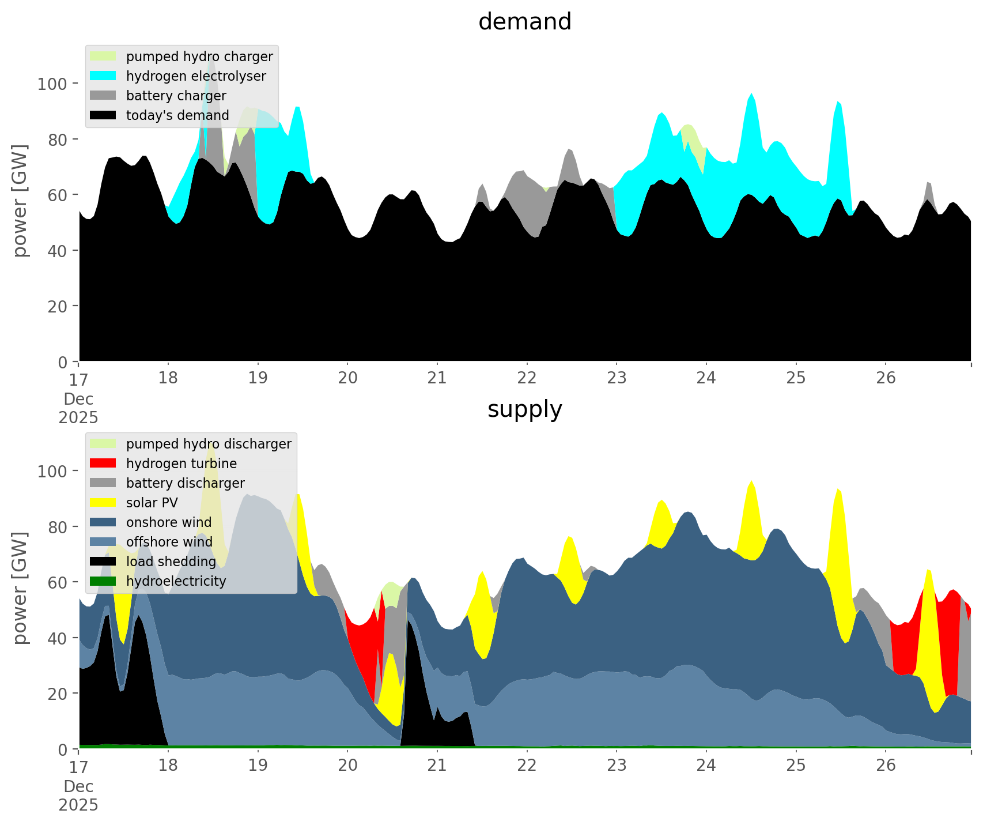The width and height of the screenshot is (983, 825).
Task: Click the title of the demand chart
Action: tap(524, 22)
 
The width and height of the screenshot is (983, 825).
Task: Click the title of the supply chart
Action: tap(524, 409)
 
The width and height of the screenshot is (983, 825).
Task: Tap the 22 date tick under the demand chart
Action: tap(527, 378)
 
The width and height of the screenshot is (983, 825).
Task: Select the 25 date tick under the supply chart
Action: tap(796, 766)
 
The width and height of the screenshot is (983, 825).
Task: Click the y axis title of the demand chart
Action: tap(21, 201)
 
